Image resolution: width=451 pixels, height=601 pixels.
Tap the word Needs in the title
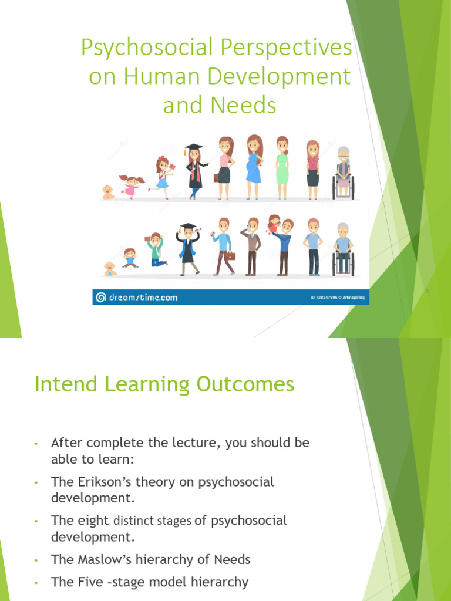tap(245, 106)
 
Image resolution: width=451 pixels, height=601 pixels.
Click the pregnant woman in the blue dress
tap(254, 167)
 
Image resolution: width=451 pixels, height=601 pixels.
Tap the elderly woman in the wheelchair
tap(343, 173)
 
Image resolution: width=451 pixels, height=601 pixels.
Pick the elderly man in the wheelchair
tap(343, 249)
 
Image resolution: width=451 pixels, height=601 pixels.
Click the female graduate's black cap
tap(194, 147)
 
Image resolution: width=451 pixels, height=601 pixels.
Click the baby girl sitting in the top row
tap(108, 193)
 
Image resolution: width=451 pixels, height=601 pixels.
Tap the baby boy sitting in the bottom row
tap(110, 269)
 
